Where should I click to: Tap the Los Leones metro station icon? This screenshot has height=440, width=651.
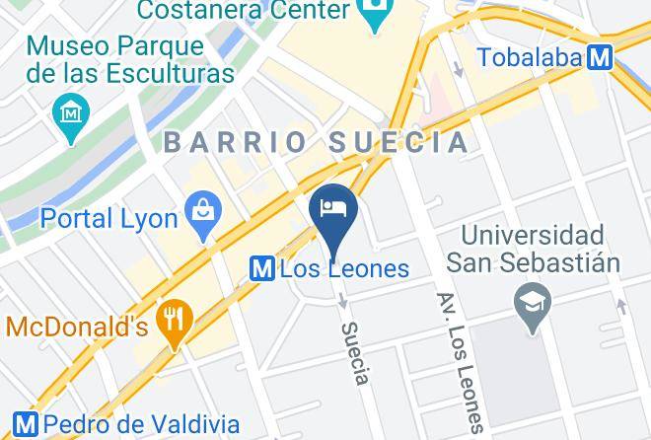coord(262,268)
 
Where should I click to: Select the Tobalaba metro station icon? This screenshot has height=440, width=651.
coord(599,57)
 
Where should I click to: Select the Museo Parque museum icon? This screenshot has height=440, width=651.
coord(71,112)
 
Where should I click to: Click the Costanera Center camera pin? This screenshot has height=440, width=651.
coord(375,15)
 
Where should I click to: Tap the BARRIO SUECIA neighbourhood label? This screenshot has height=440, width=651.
coord(317,142)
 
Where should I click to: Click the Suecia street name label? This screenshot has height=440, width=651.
coord(356,353)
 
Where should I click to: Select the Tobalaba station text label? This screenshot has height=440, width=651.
coord(530,57)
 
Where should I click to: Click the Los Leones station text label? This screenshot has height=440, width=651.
coord(344,268)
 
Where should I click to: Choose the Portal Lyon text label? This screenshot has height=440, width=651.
coord(109,218)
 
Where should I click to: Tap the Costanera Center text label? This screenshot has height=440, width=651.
coord(243,11)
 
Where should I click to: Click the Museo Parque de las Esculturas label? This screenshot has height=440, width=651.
coord(130,59)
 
